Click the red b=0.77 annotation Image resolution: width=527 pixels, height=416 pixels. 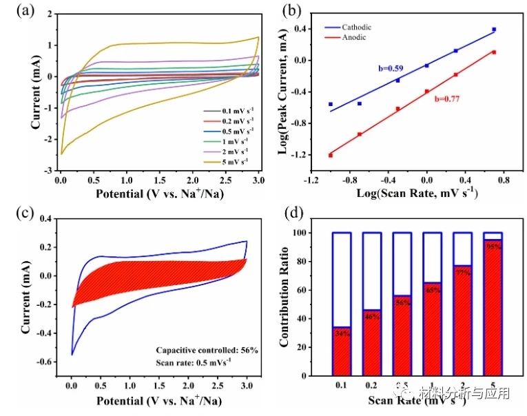point(446,99)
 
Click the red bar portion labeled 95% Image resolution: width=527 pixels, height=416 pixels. point(492,310)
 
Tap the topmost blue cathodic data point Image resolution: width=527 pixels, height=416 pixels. point(494,30)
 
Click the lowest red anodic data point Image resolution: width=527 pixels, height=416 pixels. point(331,155)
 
